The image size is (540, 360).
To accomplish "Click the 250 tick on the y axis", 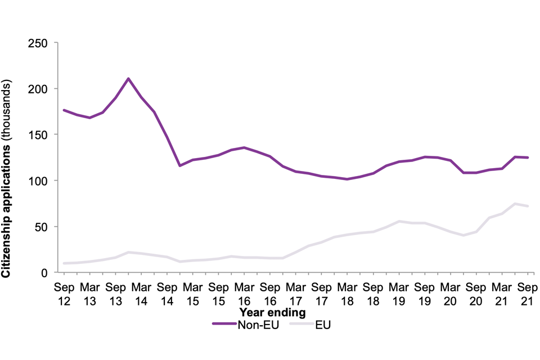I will [x=38, y=43].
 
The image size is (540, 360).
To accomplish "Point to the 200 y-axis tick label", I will [x=38, y=89].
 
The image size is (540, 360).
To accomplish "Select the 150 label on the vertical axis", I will [x=38, y=135].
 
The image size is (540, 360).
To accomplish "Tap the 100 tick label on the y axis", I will [x=38, y=181].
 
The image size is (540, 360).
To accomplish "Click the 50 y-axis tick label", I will [x=40, y=227].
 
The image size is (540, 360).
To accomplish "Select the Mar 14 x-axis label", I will [x=141, y=292].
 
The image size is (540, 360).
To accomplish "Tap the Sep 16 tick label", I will [x=270, y=292].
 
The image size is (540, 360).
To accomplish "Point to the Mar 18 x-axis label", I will [x=347, y=292].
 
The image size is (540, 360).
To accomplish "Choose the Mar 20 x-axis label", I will [x=450, y=292].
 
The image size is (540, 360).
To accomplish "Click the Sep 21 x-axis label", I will [x=527, y=292].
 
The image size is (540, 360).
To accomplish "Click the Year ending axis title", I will [x=272, y=312].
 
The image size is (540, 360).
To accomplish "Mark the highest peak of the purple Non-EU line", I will [x=129, y=78].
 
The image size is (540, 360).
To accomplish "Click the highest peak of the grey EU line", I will [x=515, y=204].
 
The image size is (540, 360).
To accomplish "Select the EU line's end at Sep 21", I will [x=527, y=206].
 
